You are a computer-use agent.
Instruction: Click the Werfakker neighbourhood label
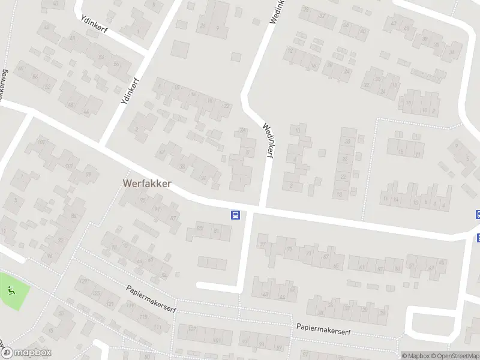(x=146, y=183)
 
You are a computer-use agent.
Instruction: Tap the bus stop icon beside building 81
(x=236, y=215)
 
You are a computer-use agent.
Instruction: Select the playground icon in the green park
(x=11, y=291)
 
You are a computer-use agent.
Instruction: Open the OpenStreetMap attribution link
(x=455, y=356)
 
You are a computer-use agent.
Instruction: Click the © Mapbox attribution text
(x=415, y=356)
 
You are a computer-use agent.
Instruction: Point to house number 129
(x=83, y=281)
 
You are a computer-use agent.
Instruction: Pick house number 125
(x=96, y=293)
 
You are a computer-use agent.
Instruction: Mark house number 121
(x=110, y=304)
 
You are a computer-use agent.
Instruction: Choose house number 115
(x=143, y=317)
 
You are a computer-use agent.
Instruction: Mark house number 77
(x=262, y=244)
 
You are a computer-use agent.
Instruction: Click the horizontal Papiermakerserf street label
(x=323, y=329)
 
